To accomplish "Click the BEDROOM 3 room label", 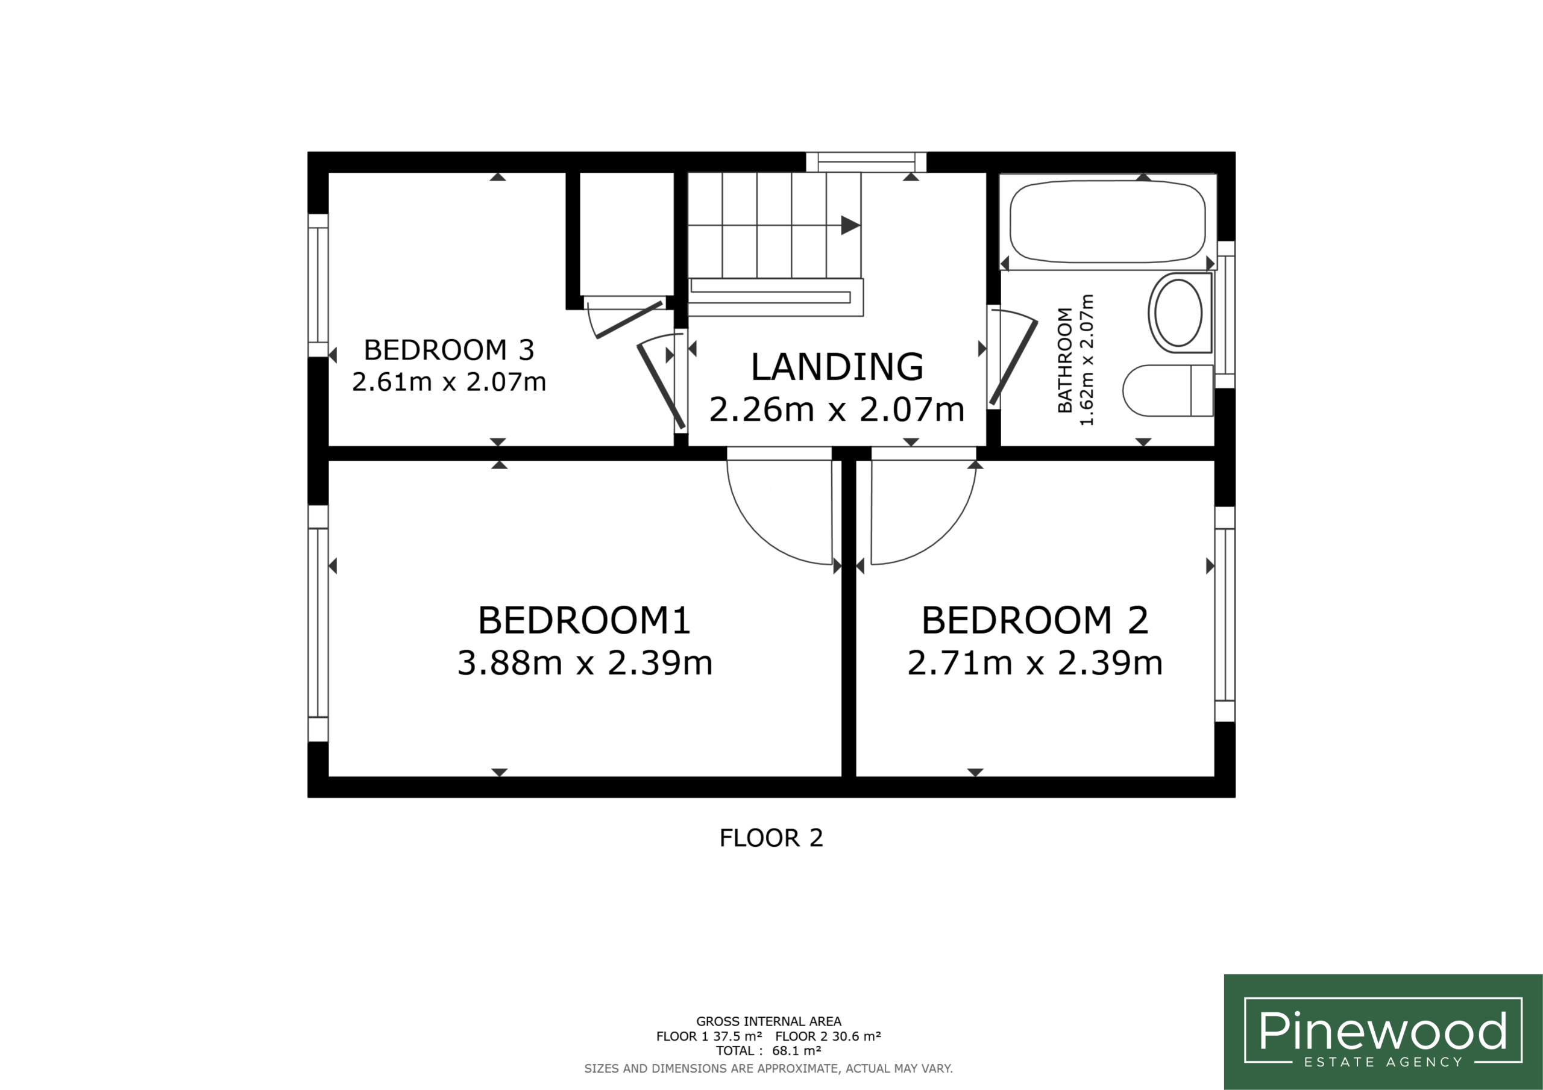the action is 449,350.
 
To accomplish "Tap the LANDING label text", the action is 837,367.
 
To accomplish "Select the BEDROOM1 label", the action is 584,620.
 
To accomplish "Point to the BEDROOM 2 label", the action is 1034,620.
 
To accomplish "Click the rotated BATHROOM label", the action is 1064,360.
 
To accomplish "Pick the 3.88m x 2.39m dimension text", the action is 585,663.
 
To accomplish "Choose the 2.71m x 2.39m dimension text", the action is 1035,663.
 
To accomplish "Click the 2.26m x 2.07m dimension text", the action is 837,409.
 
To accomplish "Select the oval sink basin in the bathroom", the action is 1179,313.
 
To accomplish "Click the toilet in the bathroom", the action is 1168,390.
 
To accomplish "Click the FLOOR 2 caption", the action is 771,838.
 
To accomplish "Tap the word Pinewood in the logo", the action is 1383,1030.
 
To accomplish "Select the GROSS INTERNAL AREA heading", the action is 768,1021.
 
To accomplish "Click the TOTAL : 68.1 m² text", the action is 768,1051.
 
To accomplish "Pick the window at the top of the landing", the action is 866,162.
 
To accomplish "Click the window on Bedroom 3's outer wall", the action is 318,285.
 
